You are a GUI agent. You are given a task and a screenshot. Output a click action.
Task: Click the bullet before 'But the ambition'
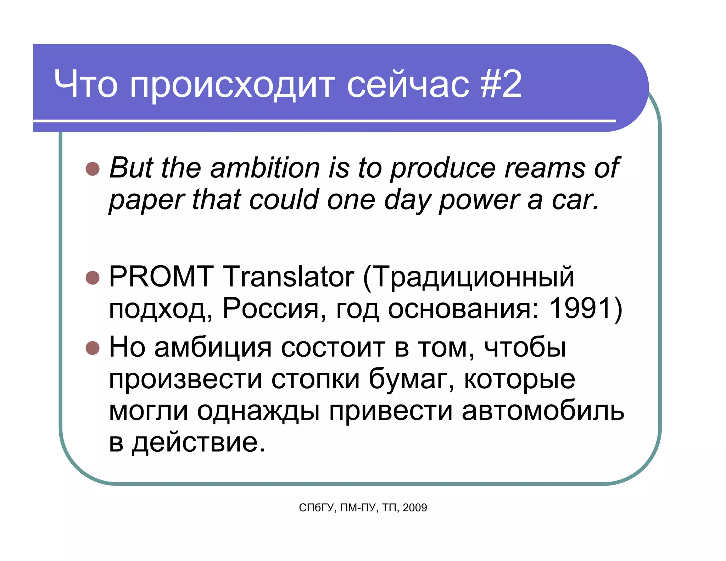(x=93, y=169)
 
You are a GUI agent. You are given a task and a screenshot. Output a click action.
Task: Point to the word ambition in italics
(x=265, y=168)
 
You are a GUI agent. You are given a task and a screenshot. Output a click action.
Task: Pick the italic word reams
(x=544, y=168)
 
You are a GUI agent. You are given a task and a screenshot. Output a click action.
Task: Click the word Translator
(x=288, y=276)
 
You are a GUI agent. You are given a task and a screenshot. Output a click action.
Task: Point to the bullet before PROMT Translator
(x=93, y=278)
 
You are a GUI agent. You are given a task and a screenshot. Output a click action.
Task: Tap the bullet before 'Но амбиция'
(x=93, y=348)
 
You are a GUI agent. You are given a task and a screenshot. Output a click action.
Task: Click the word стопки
(x=315, y=379)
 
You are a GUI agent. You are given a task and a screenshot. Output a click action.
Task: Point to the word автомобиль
(x=543, y=411)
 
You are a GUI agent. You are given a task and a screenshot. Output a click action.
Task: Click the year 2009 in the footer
(x=415, y=508)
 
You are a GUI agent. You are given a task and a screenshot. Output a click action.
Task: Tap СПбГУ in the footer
(x=316, y=508)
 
